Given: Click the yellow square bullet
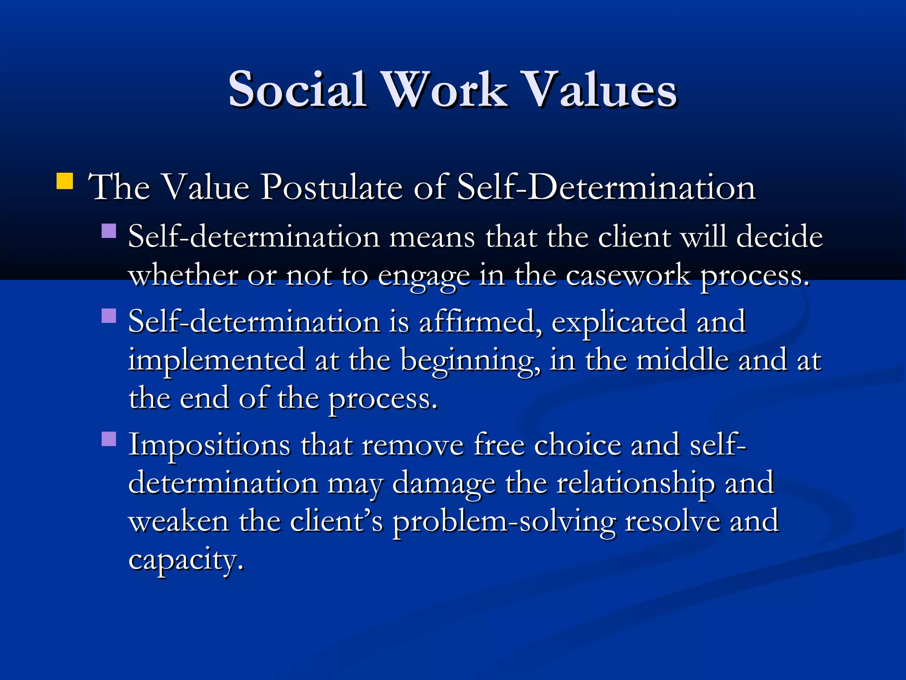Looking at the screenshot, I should click(65, 182).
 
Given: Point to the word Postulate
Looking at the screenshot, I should click(331, 187).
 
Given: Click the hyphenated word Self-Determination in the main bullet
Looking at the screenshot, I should click(606, 187).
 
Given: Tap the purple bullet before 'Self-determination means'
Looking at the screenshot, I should click(108, 231).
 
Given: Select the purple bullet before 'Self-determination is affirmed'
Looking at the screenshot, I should click(108, 316).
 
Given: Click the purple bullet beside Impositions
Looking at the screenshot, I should click(108, 439).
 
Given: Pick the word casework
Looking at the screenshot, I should click(628, 275).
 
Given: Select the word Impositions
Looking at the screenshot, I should click(209, 445).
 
